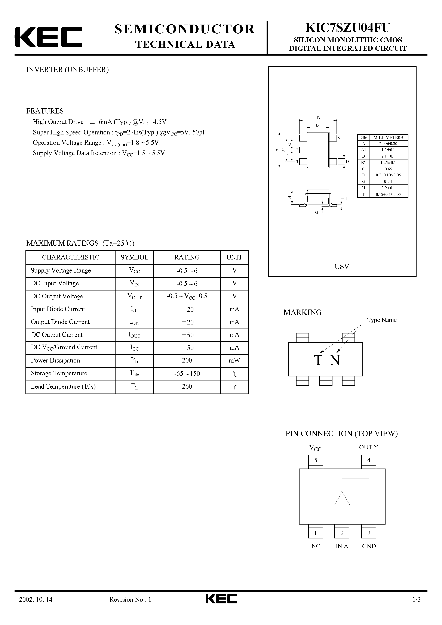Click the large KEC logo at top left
pyautogui.click(x=48, y=37)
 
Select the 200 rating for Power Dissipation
pyautogui.click(x=187, y=360)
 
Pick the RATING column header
pyautogui.click(x=187, y=257)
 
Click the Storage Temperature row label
pyautogui.click(x=59, y=373)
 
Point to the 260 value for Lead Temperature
pyautogui.click(x=187, y=386)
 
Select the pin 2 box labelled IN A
pyautogui.click(x=342, y=533)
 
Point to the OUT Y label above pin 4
pyautogui.click(x=368, y=447)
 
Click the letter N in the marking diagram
pyautogui.click(x=335, y=360)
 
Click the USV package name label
pyautogui.click(x=342, y=267)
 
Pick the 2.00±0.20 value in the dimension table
pyautogui.click(x=388, y=143)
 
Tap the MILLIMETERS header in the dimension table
pyautogui.click(x=388, y=137)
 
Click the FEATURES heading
pyautogui.click(x=45, y=111)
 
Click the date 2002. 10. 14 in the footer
pyautogui.click(x=36, y=607)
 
